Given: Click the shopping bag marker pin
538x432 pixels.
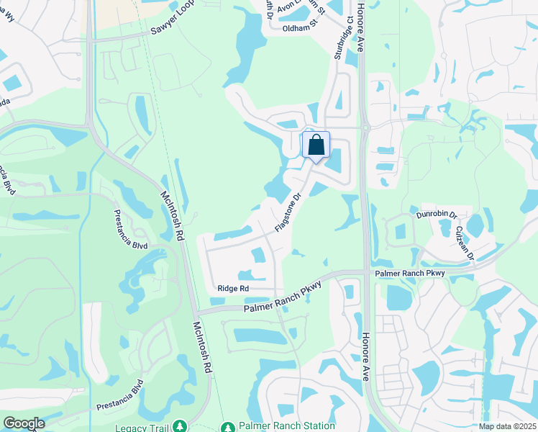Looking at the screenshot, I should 316,145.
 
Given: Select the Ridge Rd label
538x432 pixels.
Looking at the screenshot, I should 233,289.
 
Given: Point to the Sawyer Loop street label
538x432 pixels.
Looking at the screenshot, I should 173,24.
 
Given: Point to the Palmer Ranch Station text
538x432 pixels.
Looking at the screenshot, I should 278,426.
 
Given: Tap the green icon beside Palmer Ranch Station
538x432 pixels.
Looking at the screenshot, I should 228,426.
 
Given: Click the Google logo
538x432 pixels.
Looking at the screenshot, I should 24,423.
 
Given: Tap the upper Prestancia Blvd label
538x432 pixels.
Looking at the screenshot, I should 131,230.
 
